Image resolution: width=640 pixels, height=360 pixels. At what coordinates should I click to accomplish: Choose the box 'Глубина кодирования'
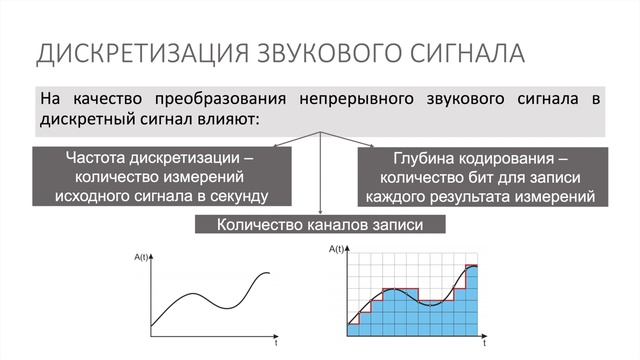[480, 176]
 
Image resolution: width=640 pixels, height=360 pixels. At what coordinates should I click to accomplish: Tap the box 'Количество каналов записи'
[319, 225]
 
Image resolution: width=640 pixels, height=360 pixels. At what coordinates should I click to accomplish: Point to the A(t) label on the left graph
[141, 258]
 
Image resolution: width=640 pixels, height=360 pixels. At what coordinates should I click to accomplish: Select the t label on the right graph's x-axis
[484, 342]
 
